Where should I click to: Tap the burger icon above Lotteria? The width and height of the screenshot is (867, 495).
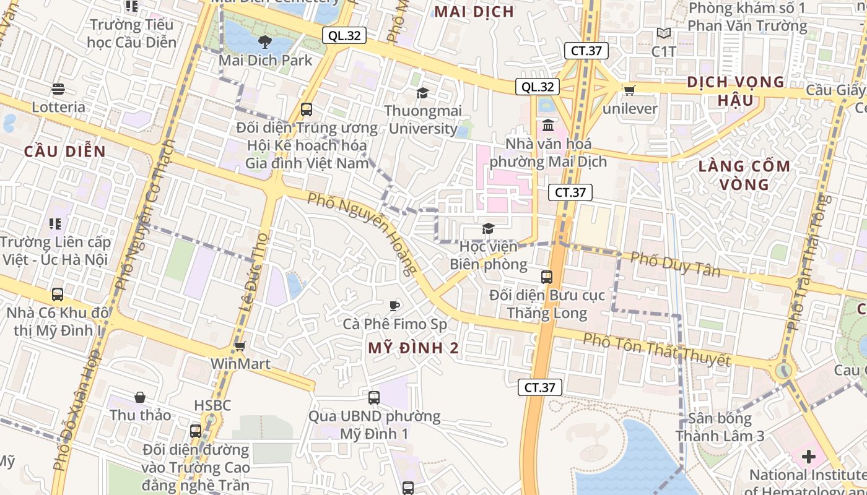(58, 89)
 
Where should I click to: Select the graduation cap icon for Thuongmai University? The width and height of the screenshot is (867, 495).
(423, 93)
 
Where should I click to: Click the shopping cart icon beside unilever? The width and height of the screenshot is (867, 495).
(630, 90)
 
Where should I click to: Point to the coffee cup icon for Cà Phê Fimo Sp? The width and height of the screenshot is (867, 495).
(394, 305)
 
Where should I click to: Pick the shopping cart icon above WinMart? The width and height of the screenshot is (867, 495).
(240, 346)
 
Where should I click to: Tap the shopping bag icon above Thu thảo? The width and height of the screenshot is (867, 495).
(140, 397)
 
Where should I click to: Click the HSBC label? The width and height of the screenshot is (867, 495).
(212, 405)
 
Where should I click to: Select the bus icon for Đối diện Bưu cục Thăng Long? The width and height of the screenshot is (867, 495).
(547, 277)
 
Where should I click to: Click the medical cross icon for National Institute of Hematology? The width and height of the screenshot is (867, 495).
(808, 457)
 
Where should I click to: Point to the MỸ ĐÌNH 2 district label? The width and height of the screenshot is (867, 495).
(414, 348)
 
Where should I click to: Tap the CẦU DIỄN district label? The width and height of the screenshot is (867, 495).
(65, 152)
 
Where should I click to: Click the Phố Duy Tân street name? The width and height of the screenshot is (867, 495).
(676, 264)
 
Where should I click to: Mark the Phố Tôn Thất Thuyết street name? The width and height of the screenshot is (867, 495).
(657, 349)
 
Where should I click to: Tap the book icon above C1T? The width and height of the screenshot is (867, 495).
(664, 33)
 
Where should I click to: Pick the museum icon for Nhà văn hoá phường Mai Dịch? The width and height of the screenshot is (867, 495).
(548, 126)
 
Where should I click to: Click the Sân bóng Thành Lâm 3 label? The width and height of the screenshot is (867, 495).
(720, 427)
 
